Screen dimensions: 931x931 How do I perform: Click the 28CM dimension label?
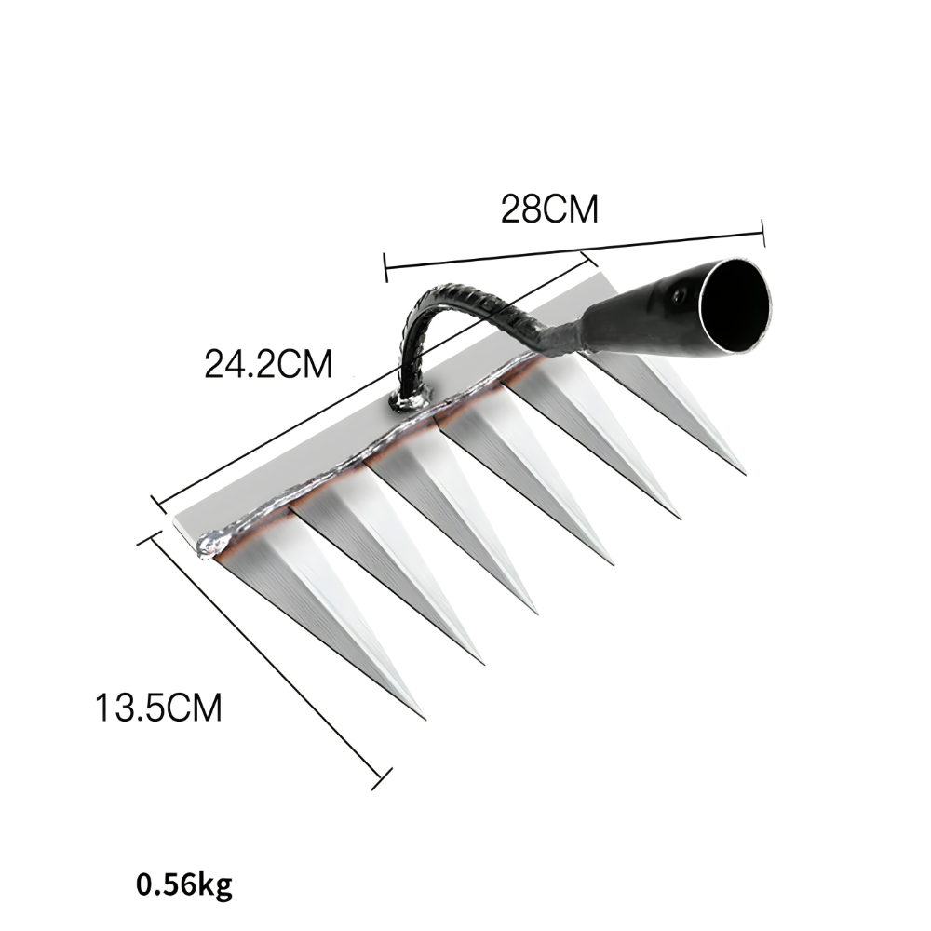tap(549, 209)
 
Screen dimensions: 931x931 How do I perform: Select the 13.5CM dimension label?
tap(158, 708)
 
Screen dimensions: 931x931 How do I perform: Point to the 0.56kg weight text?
tap(184, 884)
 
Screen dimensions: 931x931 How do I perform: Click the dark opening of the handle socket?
tap(734, 307)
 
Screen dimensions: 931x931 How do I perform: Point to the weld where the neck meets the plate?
tap(410, 399)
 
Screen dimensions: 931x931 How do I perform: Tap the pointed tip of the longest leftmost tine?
tap(425, 719)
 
